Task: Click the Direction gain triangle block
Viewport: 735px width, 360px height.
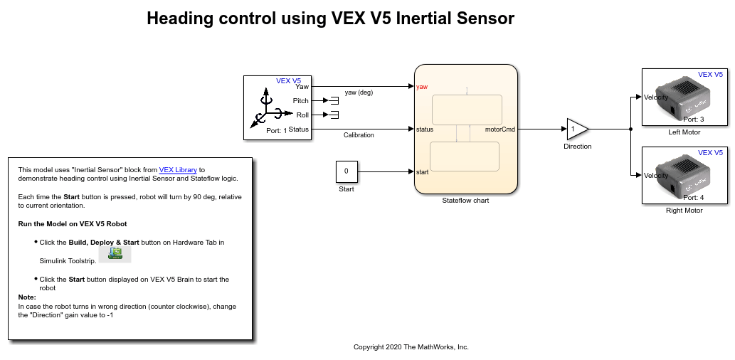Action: coord(576,129)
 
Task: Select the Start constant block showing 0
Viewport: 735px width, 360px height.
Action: coord(347,171)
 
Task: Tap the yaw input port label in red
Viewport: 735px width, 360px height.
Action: coord(422,87)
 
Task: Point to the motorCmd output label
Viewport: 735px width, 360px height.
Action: coord(500,129)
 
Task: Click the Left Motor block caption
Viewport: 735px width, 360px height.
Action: coord(684,132)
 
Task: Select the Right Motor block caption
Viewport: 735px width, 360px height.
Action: coord(684,211)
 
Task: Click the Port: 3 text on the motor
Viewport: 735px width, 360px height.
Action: coord(693,120)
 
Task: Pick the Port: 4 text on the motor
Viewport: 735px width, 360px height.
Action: coord(693,198)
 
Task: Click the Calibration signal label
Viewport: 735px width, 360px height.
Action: coord(359,135)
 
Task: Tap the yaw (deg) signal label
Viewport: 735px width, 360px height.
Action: coord(359,92)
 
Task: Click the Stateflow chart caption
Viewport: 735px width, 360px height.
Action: coord(465,201)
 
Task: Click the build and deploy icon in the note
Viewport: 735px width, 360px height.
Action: coord(114,255)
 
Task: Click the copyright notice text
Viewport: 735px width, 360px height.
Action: coord(411,347)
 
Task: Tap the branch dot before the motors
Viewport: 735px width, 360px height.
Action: coord(631,129)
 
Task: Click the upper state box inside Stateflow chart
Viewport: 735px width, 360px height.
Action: coord(466,110)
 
